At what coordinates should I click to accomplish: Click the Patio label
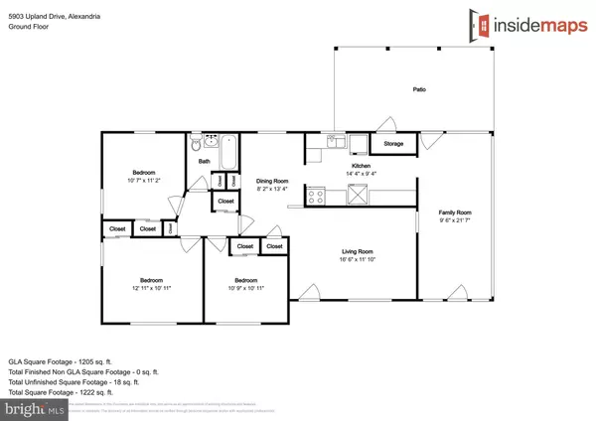(x=419, y=90)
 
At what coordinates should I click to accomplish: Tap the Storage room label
(x=393, y=145)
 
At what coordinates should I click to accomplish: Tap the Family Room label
(x=456, y=212)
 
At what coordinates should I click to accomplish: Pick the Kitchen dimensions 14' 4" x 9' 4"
(x=357, y=173)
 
